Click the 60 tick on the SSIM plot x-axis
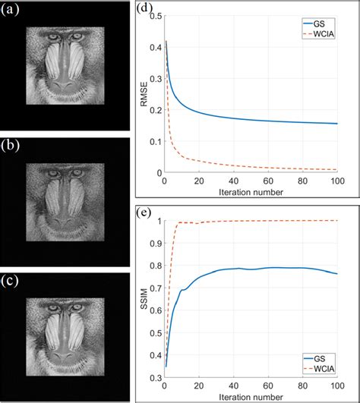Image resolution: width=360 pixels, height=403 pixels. (x=267, y=384)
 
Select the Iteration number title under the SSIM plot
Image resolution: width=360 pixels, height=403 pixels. (x=250, y=395)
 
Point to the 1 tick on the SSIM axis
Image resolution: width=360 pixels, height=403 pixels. (x=157, y=221)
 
